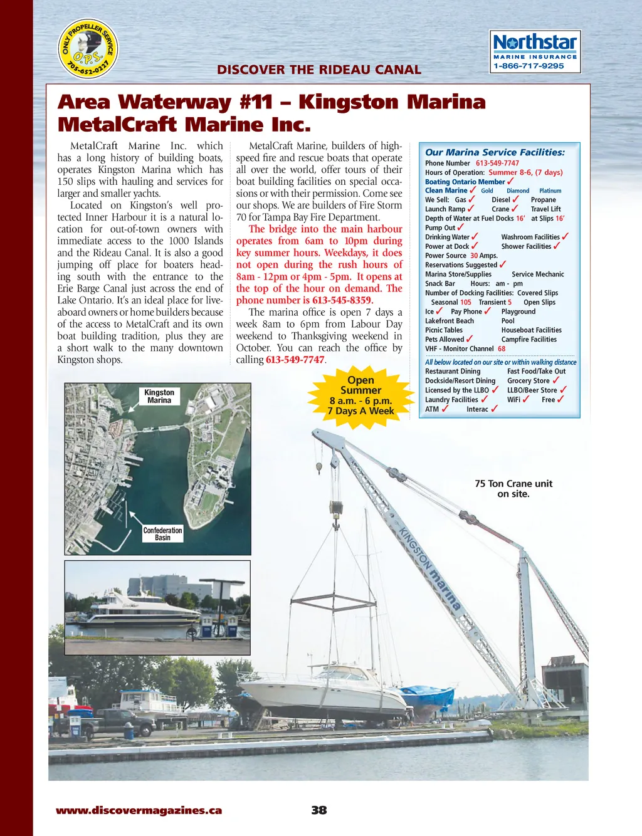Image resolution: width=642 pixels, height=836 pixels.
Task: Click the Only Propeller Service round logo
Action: [88, 49]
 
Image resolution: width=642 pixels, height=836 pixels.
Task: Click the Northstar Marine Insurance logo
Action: [535, 51]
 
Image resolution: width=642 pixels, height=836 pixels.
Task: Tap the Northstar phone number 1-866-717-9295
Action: [529, 66]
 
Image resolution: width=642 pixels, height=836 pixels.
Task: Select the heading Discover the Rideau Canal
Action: [318, 70]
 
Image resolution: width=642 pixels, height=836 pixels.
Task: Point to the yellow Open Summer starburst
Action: [360, 396]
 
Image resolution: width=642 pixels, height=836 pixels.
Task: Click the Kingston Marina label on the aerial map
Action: [159, 396]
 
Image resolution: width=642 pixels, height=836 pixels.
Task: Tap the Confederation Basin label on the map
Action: [162, 534]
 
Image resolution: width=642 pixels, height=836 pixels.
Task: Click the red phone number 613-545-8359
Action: [342, 300]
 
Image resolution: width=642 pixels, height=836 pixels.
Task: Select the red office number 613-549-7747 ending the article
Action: [295, 360]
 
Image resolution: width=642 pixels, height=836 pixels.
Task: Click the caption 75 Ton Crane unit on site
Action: [513, 489]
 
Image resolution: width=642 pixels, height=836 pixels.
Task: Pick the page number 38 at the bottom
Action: [319, 810]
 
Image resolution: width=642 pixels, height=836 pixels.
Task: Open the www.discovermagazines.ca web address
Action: [139, 810]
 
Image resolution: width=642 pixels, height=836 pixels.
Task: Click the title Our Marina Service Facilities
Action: [495, 152]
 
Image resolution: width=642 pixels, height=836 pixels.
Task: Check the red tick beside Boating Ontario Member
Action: [510, 181]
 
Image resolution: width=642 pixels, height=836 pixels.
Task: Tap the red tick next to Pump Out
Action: [461, 227]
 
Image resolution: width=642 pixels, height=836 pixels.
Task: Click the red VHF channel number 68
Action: [502, 348]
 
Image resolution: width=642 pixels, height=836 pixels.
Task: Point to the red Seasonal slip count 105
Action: [466, 302]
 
